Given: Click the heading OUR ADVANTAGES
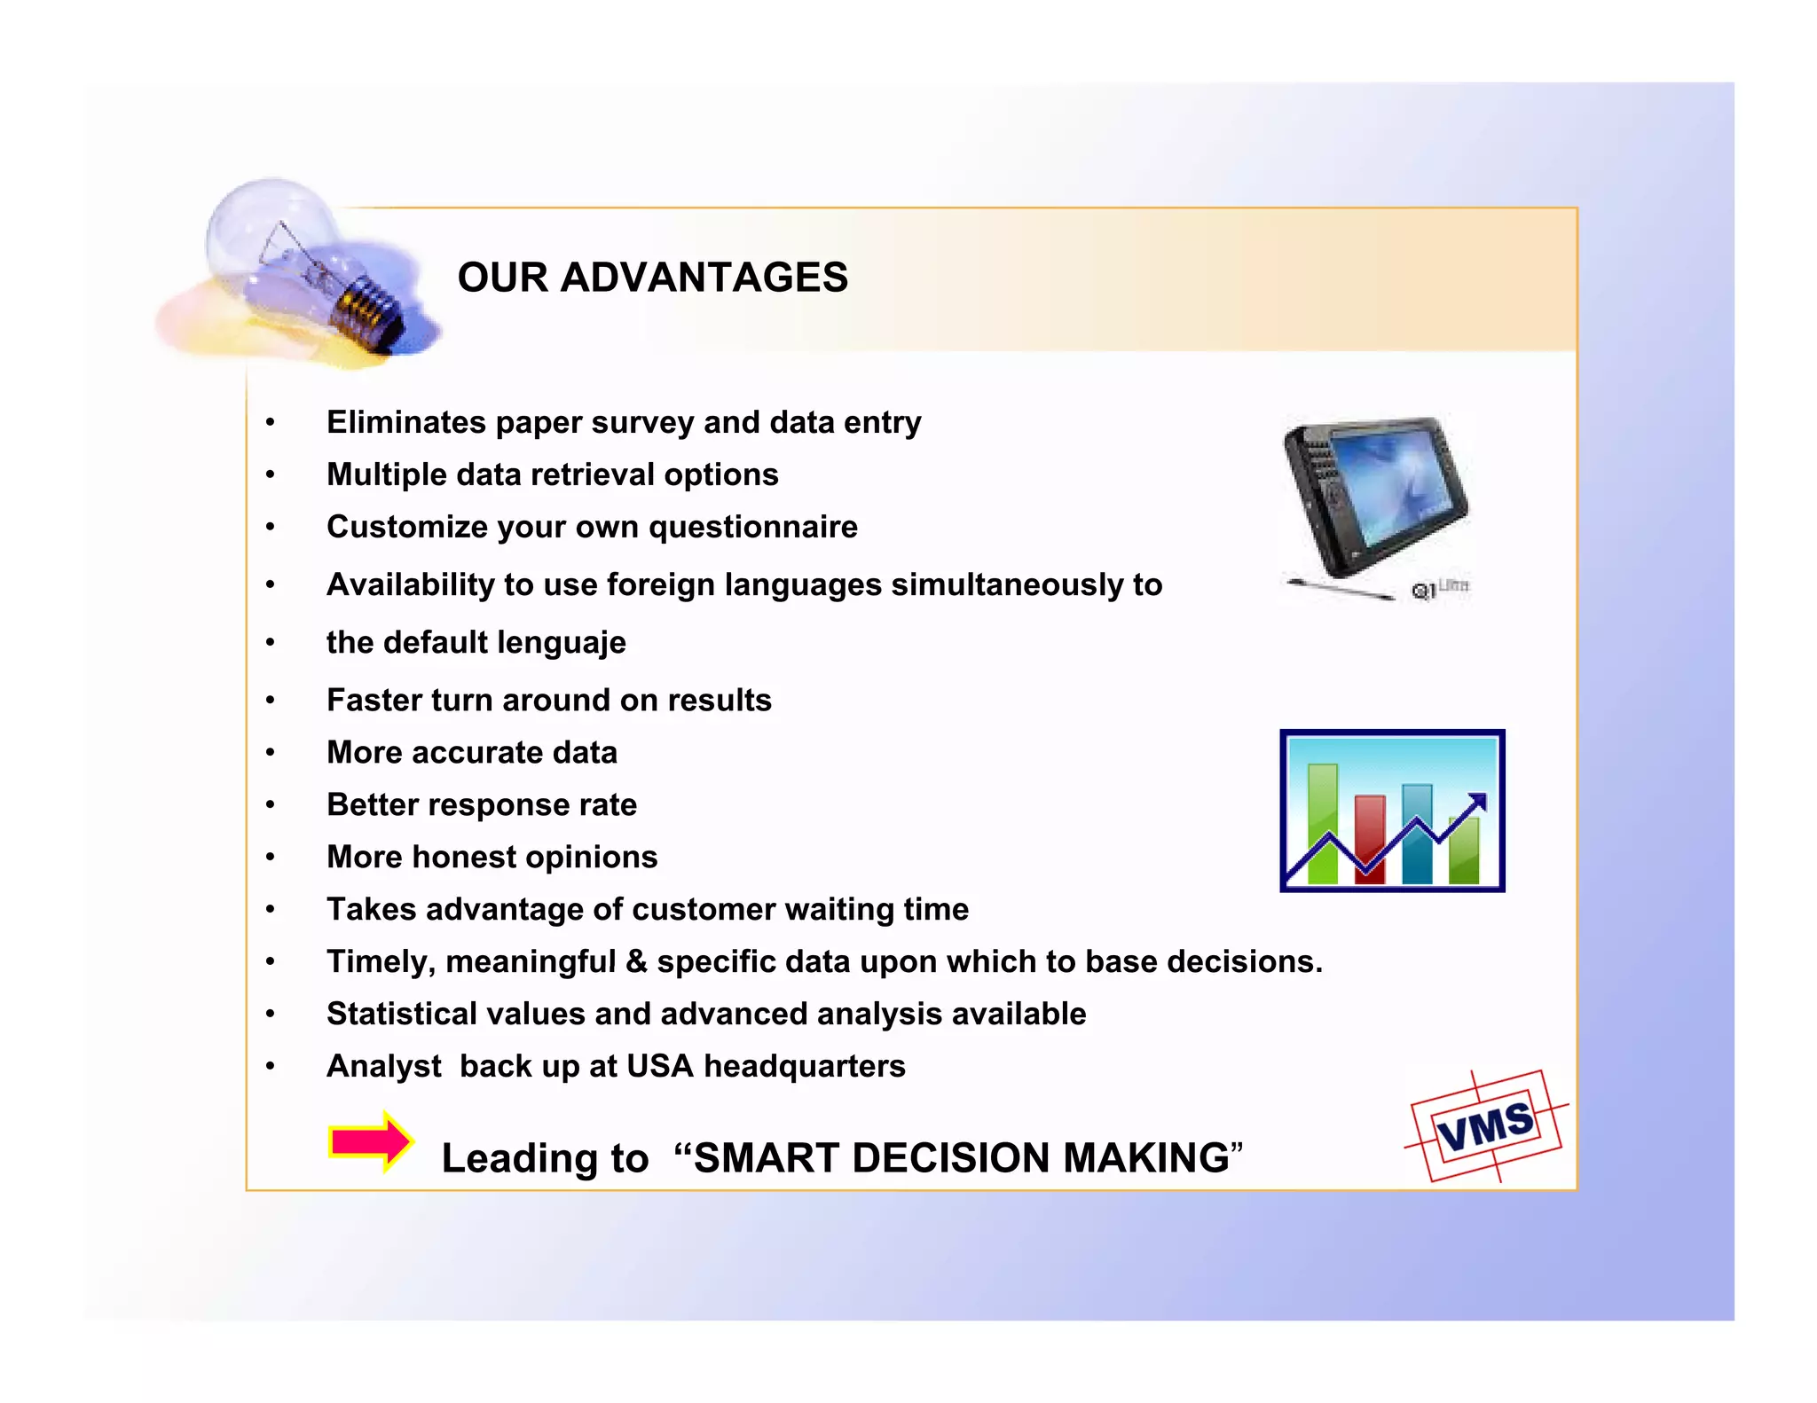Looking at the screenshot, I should pos(652,278).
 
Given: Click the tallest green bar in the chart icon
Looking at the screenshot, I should pos(1322,820).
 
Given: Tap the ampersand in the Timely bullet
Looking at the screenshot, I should pos(636,962).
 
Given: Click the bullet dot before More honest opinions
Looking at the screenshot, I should pos(271,858).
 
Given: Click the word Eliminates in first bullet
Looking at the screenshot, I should pos(406,423).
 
